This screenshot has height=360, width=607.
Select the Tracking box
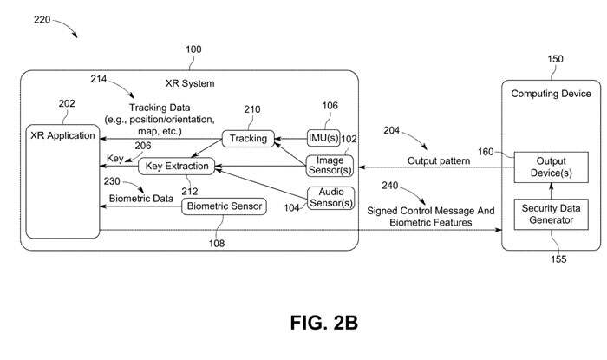pos(249,138)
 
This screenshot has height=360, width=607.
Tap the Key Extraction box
pos(179,165)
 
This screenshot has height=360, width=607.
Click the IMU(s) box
pos(324,137)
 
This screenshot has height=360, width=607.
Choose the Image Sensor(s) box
pos(330,165)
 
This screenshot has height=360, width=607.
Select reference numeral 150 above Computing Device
pos(554,59)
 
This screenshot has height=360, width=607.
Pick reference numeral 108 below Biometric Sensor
pos(216,244)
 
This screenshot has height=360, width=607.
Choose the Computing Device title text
pos(551,93)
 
